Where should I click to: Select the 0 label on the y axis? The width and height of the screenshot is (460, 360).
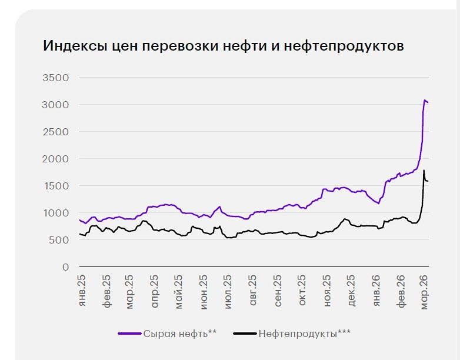(x=66, y=267)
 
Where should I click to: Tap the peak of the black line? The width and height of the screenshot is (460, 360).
(x=424, y=171)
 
